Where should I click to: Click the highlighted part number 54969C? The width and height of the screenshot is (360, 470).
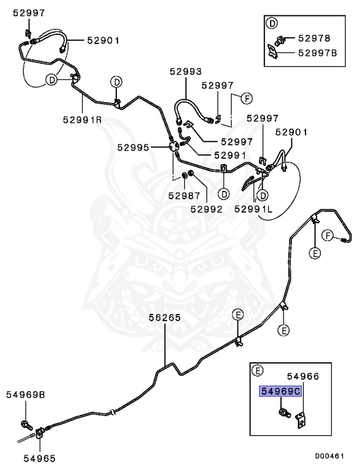(280, 391)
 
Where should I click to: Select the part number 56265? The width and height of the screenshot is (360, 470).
(165, 318)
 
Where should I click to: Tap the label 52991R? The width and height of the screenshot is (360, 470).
(82, 119)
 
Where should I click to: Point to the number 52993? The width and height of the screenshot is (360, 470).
(186, 72)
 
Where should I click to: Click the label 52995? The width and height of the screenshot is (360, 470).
(133, 147)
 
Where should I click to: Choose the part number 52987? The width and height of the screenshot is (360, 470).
(184, 196)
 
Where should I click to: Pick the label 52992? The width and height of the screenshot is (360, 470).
(207, 209)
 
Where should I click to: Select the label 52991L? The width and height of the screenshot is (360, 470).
(253, 209)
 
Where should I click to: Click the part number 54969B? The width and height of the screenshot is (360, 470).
(26, 395)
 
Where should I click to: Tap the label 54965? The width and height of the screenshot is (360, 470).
(40, 458)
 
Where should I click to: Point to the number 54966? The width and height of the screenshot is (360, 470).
(303, 376)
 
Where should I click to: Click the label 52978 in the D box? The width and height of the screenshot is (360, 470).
(314, 38)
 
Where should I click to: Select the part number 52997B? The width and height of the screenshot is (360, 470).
(317, 53)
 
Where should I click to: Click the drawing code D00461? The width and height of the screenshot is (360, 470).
(329, 456)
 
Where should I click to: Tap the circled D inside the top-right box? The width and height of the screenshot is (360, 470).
(272, 23)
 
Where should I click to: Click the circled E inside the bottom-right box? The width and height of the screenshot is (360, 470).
(257, 371)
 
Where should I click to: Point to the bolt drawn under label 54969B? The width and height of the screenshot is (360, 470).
(26, 425)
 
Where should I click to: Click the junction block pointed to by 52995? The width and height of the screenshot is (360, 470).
(174, 147)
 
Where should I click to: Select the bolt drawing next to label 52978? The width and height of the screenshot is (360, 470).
(279, 40)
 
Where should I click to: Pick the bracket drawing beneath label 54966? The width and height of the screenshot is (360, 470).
(301, 420)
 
